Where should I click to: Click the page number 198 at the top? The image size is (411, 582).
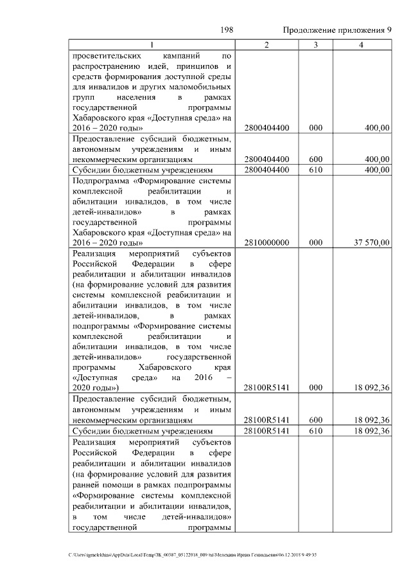(226, 30)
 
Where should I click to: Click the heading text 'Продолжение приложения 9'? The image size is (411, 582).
(337, 30)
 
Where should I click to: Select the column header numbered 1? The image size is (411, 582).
(152, 44)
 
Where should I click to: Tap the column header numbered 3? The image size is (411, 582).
(315, 44)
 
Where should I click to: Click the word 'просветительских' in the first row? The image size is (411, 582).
(107, 56)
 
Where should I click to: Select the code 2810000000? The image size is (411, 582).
(267, 242)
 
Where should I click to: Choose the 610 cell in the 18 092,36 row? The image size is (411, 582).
(315, 430)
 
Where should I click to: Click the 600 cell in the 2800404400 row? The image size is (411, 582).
(315, 159)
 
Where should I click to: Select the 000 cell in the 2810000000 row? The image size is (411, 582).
(315, 242)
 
